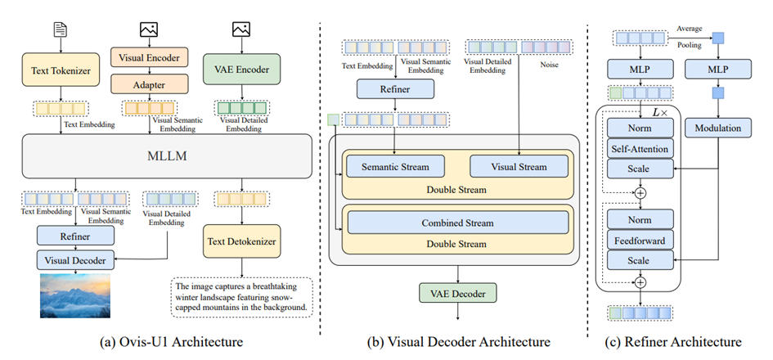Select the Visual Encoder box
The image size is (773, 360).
pyautogui.click(x=150, y=57)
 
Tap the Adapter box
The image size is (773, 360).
pyautogui.click(x=150, y=83)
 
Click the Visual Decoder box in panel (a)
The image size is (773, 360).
pyautogui.click(x=74, y=259)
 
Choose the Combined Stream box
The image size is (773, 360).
pyautogui.click(x=457, y=222)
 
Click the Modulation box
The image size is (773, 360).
pyautogui.click(x=722, y=128)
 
